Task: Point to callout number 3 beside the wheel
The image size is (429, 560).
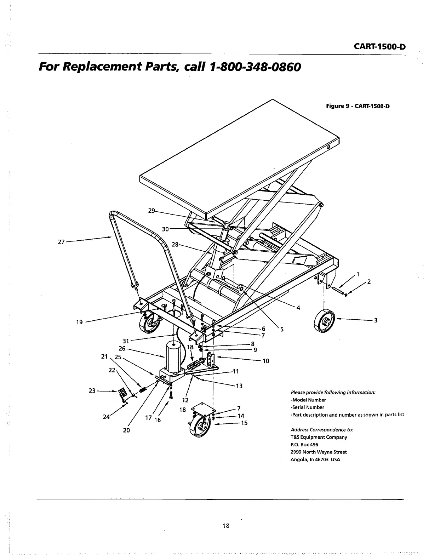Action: coord(376,320)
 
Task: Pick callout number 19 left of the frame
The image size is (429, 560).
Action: coord(79,322)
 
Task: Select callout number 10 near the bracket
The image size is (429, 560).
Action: coord(266,361)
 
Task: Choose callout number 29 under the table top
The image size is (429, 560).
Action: coord(151,211)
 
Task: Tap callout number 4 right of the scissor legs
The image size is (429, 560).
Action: coord(298,308)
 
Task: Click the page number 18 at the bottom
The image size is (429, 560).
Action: coord(227,526)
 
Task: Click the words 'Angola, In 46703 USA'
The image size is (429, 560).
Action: coord(315,460)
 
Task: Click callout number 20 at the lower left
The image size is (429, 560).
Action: coord(126,430)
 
